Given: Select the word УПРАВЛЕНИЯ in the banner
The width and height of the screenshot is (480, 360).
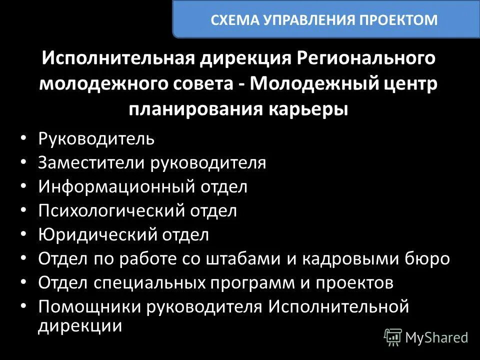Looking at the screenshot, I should tap(311, 20).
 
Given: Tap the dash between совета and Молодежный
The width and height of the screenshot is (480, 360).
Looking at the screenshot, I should tap(240, 84).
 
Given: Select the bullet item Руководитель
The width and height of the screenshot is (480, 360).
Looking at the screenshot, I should tap(96, 138).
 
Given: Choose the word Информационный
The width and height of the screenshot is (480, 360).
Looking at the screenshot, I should tap(116, 186).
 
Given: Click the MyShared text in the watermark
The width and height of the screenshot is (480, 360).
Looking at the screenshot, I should tap(436, 337).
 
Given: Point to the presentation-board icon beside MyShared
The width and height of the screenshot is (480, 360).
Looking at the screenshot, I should tap(393, 337).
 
